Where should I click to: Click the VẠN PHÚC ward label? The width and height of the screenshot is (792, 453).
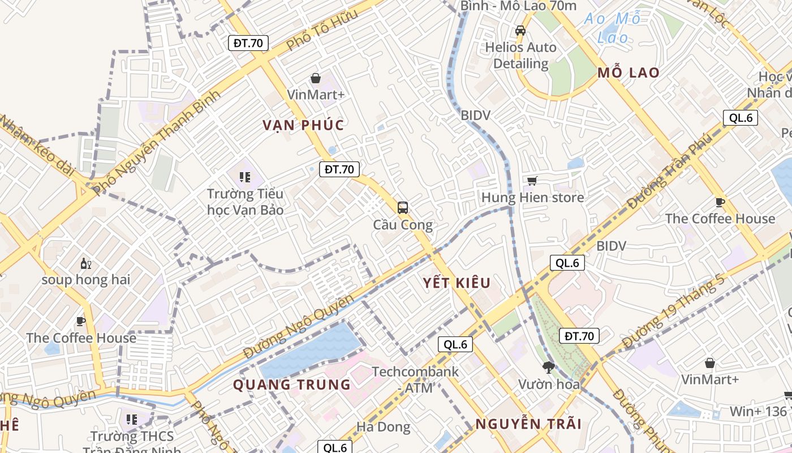point(303,125)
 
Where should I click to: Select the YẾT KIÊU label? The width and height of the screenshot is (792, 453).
point(457,283)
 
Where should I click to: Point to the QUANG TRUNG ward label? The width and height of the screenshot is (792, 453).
point(292,385)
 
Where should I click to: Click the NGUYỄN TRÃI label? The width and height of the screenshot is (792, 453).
point(528,424)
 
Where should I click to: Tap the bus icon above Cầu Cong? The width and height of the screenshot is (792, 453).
point(402,207)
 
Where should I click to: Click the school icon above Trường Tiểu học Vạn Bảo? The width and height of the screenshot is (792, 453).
point(244,177)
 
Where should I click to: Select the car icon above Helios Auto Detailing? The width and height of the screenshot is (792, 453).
point(520,30)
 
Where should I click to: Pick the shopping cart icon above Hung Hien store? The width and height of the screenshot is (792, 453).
point(531,181)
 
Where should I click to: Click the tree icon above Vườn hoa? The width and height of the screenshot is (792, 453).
point(548,367)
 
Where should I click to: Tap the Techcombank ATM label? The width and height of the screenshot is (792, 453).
point(415,379)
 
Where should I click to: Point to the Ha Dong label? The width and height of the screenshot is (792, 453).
point(383,426)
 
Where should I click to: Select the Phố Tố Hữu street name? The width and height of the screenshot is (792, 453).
point(322,29)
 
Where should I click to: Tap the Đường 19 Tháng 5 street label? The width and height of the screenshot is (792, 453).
point(673,311)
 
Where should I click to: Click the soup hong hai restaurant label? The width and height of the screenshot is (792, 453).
point(86,279)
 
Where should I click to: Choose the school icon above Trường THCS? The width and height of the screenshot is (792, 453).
point(131,420)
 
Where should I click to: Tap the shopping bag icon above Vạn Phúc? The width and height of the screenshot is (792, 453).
point(316,78)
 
